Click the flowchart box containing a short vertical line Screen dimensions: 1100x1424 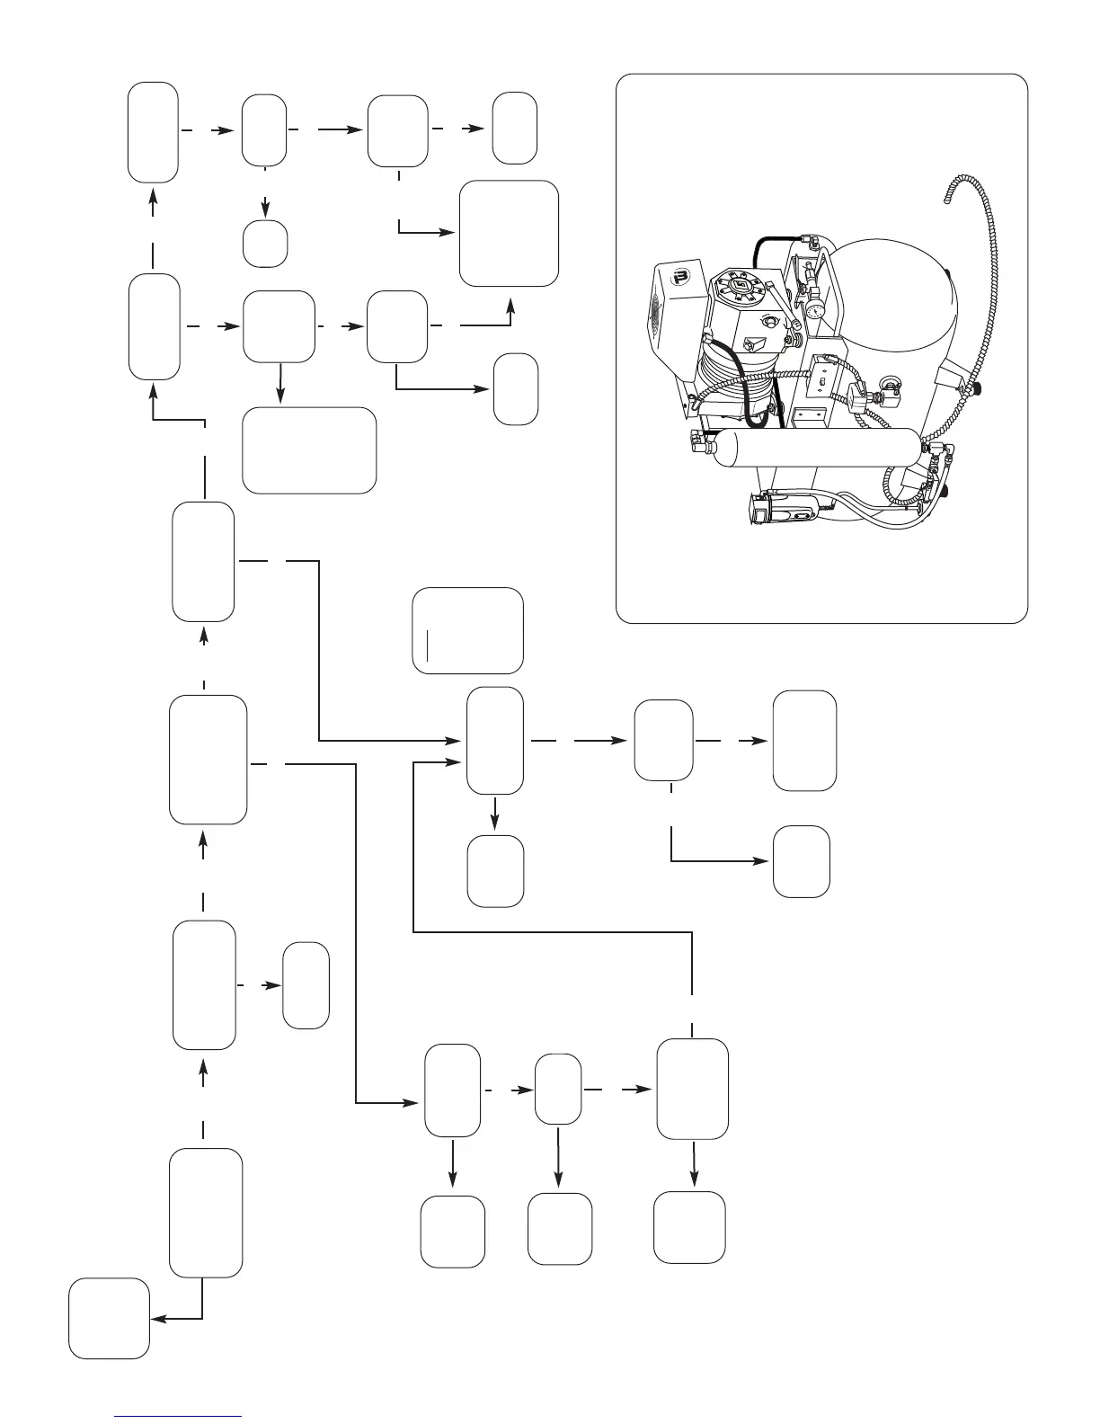[467, 631]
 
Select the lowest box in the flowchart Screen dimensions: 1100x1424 [110, 1318]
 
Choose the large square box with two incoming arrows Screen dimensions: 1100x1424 [509, 234]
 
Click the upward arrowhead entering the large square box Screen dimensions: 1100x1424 [511, 305]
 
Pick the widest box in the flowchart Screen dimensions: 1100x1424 [309, 450]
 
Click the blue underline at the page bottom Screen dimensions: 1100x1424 [178, 1415]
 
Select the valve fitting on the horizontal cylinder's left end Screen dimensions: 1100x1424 [698, 440]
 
